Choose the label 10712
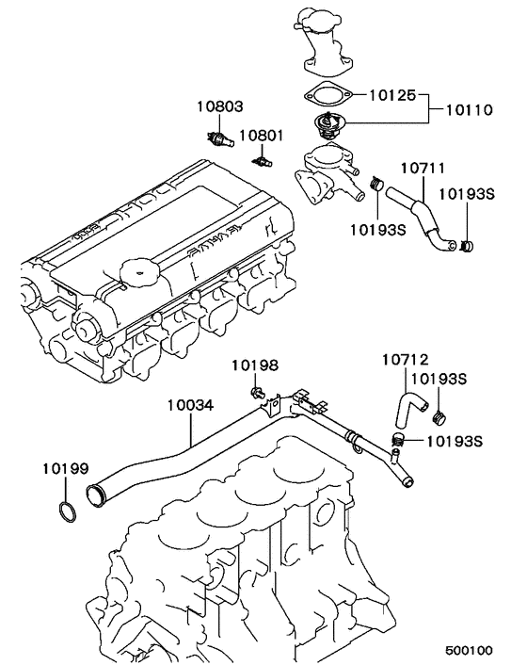406,359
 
